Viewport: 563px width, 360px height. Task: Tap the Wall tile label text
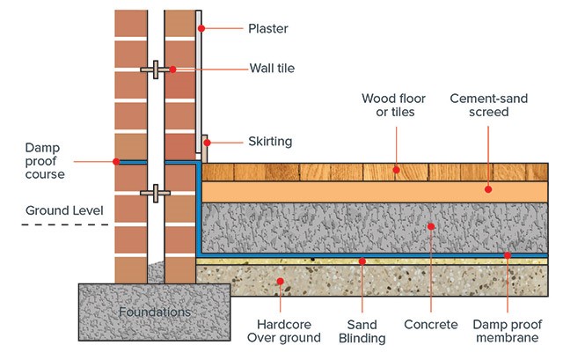pyautogui.click(x=273, y=69)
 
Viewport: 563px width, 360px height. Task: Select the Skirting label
pyautogui.click(x=271, y=141)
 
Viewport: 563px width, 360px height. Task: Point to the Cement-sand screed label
pyautogui.click(x=488, y=106)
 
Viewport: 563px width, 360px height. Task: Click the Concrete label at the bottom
pyautogui.click(x=432, y=325)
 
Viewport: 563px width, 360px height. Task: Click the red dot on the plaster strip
pyautogui.click(x=201, y=28)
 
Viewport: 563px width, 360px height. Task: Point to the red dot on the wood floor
pyautogui.click(x=396, y=169)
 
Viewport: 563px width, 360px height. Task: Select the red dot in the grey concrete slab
pyautogui.click(x=431, y=226)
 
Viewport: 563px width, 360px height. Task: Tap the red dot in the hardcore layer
pyautogui.click(x=280, y=283)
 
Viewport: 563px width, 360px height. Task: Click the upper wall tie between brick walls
pyautogui.click(x=155, y=69)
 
